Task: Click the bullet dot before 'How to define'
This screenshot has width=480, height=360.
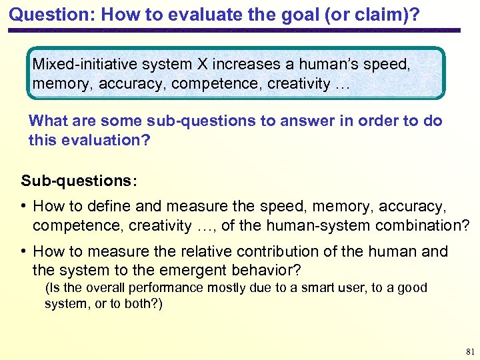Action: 24,207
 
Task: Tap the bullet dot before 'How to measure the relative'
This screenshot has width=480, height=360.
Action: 24,251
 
